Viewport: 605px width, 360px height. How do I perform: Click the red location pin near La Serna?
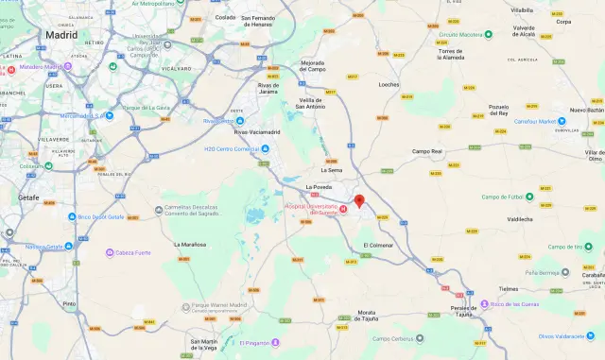pyautogui.click(x=359, y=200)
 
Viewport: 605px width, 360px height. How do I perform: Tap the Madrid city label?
pyautogui.click(x=61, y=34)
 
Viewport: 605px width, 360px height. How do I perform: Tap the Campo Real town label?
pyautogui.click(x=427, y=151)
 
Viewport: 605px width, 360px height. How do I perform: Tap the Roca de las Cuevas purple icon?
pyautogui.click(x=484, y=304)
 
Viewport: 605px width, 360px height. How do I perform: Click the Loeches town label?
pyautogui.click(x=389, y=84)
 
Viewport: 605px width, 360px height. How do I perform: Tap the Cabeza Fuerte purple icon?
pyautogui.click(x=109, y=252)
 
